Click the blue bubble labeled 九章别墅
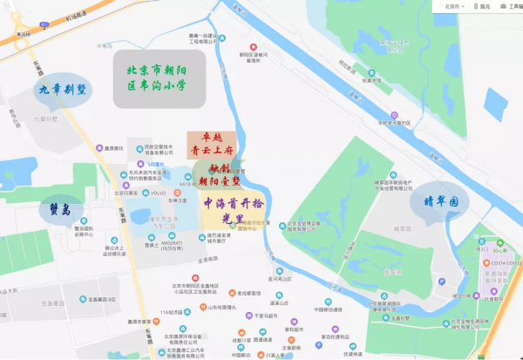pyautogui.click(x=61, y=89)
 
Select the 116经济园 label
pyautogui.click(x=173, y=310)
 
